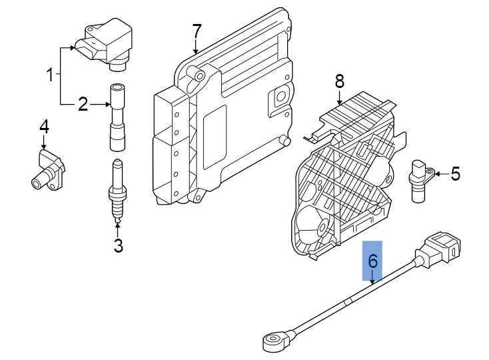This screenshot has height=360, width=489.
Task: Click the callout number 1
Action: coord(50,75)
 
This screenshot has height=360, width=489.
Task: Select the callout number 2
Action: coord(83,104)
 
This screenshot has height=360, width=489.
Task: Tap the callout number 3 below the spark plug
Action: coord(119,245)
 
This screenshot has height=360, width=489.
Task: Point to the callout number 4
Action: coord(44,127)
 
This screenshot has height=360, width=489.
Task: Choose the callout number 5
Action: coord(456,173)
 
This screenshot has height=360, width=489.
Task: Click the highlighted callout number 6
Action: coord(372,261)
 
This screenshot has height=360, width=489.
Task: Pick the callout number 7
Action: coord(197,31)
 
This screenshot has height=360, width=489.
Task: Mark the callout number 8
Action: coord(339,81)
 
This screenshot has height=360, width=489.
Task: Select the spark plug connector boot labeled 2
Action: coord(117,117)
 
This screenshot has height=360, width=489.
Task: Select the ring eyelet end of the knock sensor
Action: coord(274,341)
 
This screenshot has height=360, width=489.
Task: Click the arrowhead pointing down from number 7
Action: coord(196,51)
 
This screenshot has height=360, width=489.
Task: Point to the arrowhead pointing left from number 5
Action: coord(437,174)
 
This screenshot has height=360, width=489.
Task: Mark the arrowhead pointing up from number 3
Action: coord(117,226)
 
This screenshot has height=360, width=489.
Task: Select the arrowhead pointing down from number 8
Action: coord(339,102)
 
